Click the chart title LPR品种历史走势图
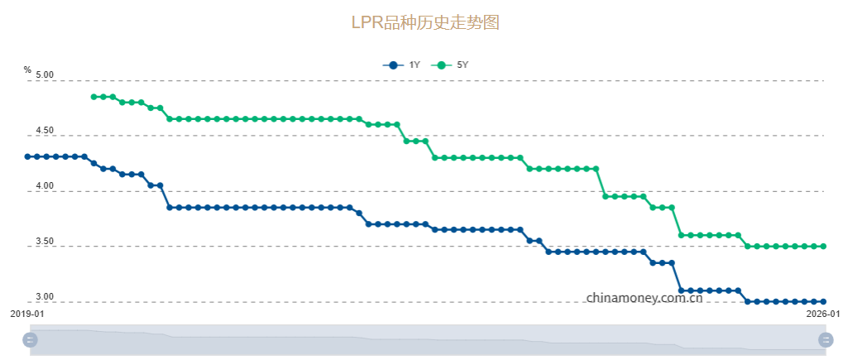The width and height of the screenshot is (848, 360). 425,22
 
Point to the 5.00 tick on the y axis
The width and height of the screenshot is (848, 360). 43,75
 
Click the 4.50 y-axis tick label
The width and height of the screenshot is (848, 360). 43,131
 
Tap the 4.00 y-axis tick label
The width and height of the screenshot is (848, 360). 43,187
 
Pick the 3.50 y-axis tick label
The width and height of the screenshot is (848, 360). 43,242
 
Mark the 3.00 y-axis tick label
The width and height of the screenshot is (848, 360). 43,297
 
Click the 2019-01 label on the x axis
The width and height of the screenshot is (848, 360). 27,314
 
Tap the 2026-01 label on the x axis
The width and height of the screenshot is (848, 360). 823,314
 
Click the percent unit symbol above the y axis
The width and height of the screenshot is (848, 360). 27,70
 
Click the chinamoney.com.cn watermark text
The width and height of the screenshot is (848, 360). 644,297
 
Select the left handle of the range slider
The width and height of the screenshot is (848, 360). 31,339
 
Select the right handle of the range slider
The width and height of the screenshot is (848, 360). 826,339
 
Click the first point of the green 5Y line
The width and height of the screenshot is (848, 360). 93,97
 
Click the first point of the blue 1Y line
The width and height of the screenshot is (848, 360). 27,156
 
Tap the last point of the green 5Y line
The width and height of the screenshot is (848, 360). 823,247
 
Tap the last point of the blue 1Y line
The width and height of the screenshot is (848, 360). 823,301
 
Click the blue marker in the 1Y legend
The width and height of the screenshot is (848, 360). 393,65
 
